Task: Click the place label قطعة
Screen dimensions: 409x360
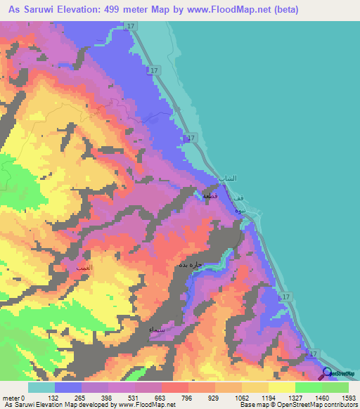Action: (x=212, y=197)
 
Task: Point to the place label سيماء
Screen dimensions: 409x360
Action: (x=157, y=329)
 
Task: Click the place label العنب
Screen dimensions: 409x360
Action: (x=74, y=269)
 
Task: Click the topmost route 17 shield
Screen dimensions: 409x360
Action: (x=131, y=27)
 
